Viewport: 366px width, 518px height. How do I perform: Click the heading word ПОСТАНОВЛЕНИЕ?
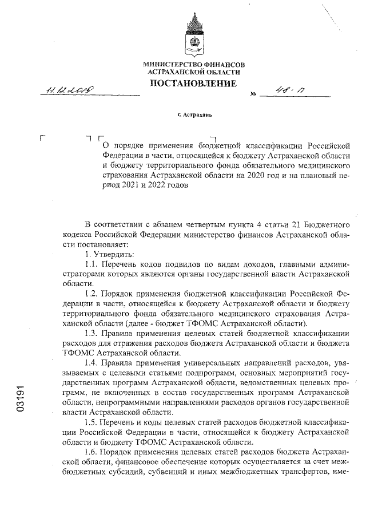pyautogui.click(x=193, y=84)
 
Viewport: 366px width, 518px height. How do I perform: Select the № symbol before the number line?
pyautogui.click(x=253, y=94)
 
